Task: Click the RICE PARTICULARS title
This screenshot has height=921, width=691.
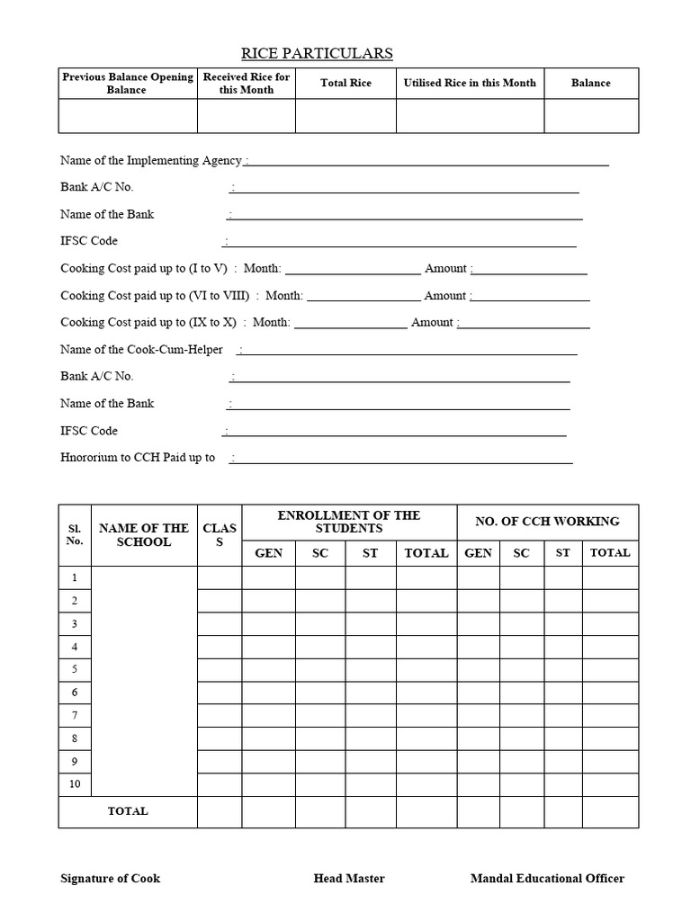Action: click(x=317, y=54)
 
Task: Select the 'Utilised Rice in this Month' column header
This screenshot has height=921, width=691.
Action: click(x=470, y=83)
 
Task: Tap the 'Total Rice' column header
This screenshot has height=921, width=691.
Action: click(x=345, y=83)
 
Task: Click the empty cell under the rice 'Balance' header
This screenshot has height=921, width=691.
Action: click(x=591, y=116)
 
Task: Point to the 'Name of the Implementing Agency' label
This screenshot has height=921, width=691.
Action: click(x=151, y=160)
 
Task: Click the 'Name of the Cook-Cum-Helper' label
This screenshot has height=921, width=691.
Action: click(x=141, y=349)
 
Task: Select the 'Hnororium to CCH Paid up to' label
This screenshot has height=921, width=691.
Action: click(x=138, y=457)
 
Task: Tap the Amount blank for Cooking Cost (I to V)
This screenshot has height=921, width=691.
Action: click(x=530, y=269)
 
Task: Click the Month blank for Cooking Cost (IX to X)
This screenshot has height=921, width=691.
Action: click(x=350, y=323)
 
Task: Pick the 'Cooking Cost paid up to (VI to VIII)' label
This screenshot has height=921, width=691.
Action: click(x=155, y=295)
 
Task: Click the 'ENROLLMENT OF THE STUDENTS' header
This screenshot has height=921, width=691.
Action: click(x=348, y=522)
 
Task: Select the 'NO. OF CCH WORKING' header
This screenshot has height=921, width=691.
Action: click(x=547, y=522)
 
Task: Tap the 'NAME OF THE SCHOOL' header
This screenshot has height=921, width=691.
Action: click(x=144, y=535)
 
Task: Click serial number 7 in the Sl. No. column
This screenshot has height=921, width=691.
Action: click(x=75, y=715)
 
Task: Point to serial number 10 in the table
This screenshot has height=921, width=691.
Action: click(x=75, y=784)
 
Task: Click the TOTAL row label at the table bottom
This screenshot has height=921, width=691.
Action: click(x=128, y=811)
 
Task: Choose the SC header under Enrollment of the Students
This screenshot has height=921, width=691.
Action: click(x=320, y=553)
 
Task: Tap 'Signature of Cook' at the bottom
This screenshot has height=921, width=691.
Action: click(x=110, y=879)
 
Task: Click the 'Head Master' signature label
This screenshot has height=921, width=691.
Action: click(x=349, y=879)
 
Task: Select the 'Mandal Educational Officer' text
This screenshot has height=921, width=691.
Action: click(x=547, y=879)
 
